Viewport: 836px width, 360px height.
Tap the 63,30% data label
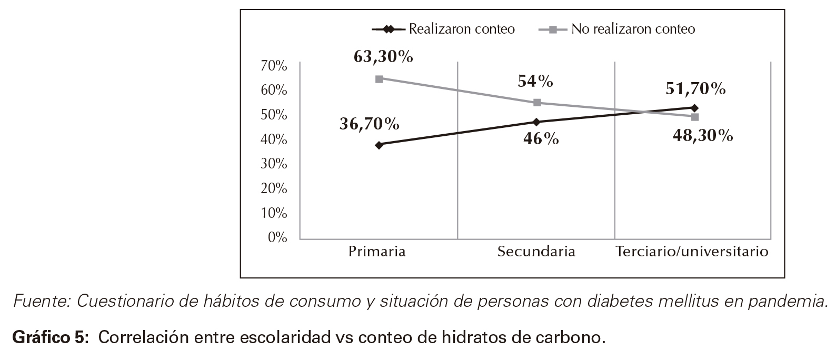[383, 57]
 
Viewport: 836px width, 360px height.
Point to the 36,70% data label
[369, 124]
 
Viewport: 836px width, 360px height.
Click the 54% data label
[535, 81]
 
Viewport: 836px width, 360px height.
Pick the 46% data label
[541, 139]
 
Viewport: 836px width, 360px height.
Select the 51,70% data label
[695, 89]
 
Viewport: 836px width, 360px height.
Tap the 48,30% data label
[703, 136]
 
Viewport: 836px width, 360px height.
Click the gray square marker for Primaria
[379, 79]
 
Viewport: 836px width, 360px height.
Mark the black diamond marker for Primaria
[379, 145]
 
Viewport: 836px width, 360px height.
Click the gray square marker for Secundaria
[537, 103]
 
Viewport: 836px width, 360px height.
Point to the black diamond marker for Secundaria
[536, 122]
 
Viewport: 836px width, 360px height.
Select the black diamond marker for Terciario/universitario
[694, 108]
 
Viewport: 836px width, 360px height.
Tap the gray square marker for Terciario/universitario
[695, 117]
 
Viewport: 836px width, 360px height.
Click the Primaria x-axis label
[377, 252]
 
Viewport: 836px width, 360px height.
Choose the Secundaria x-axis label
[536, 252]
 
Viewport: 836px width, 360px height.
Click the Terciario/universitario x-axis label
[692, 252]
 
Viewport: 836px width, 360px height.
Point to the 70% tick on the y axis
[274, 66]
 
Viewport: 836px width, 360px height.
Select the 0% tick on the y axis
[277, 238]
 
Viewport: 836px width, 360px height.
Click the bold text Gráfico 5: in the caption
[50, 337]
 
